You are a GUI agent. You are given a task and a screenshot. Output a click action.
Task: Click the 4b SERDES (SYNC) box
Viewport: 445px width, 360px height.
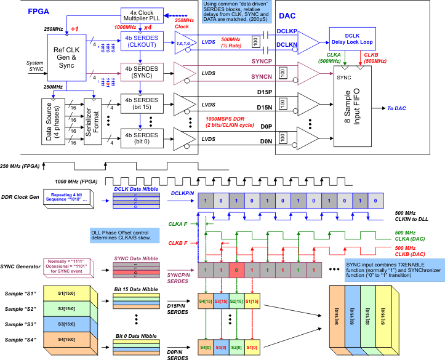point(142,71)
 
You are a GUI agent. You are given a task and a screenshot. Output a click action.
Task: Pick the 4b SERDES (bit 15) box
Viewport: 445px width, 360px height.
point(142,103)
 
